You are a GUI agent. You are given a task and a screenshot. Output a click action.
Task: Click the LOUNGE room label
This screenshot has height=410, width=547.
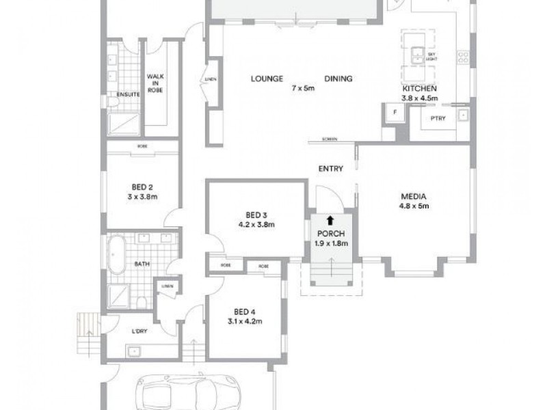tap(268, 79)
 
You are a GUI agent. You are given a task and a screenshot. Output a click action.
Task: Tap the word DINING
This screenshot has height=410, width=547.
tap(338, 79)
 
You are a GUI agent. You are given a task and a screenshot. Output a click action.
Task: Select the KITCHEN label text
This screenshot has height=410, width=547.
tap(420, 90)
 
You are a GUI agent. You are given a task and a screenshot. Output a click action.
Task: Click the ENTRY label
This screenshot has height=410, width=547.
tap(330, 169)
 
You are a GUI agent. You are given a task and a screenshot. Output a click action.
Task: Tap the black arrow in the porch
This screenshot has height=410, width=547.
tap(330, 220)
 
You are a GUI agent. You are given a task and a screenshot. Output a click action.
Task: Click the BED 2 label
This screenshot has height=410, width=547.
tap(142, 187)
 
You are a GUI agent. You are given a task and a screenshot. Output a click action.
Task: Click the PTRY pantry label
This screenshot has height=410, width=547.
tap(438, 118)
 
